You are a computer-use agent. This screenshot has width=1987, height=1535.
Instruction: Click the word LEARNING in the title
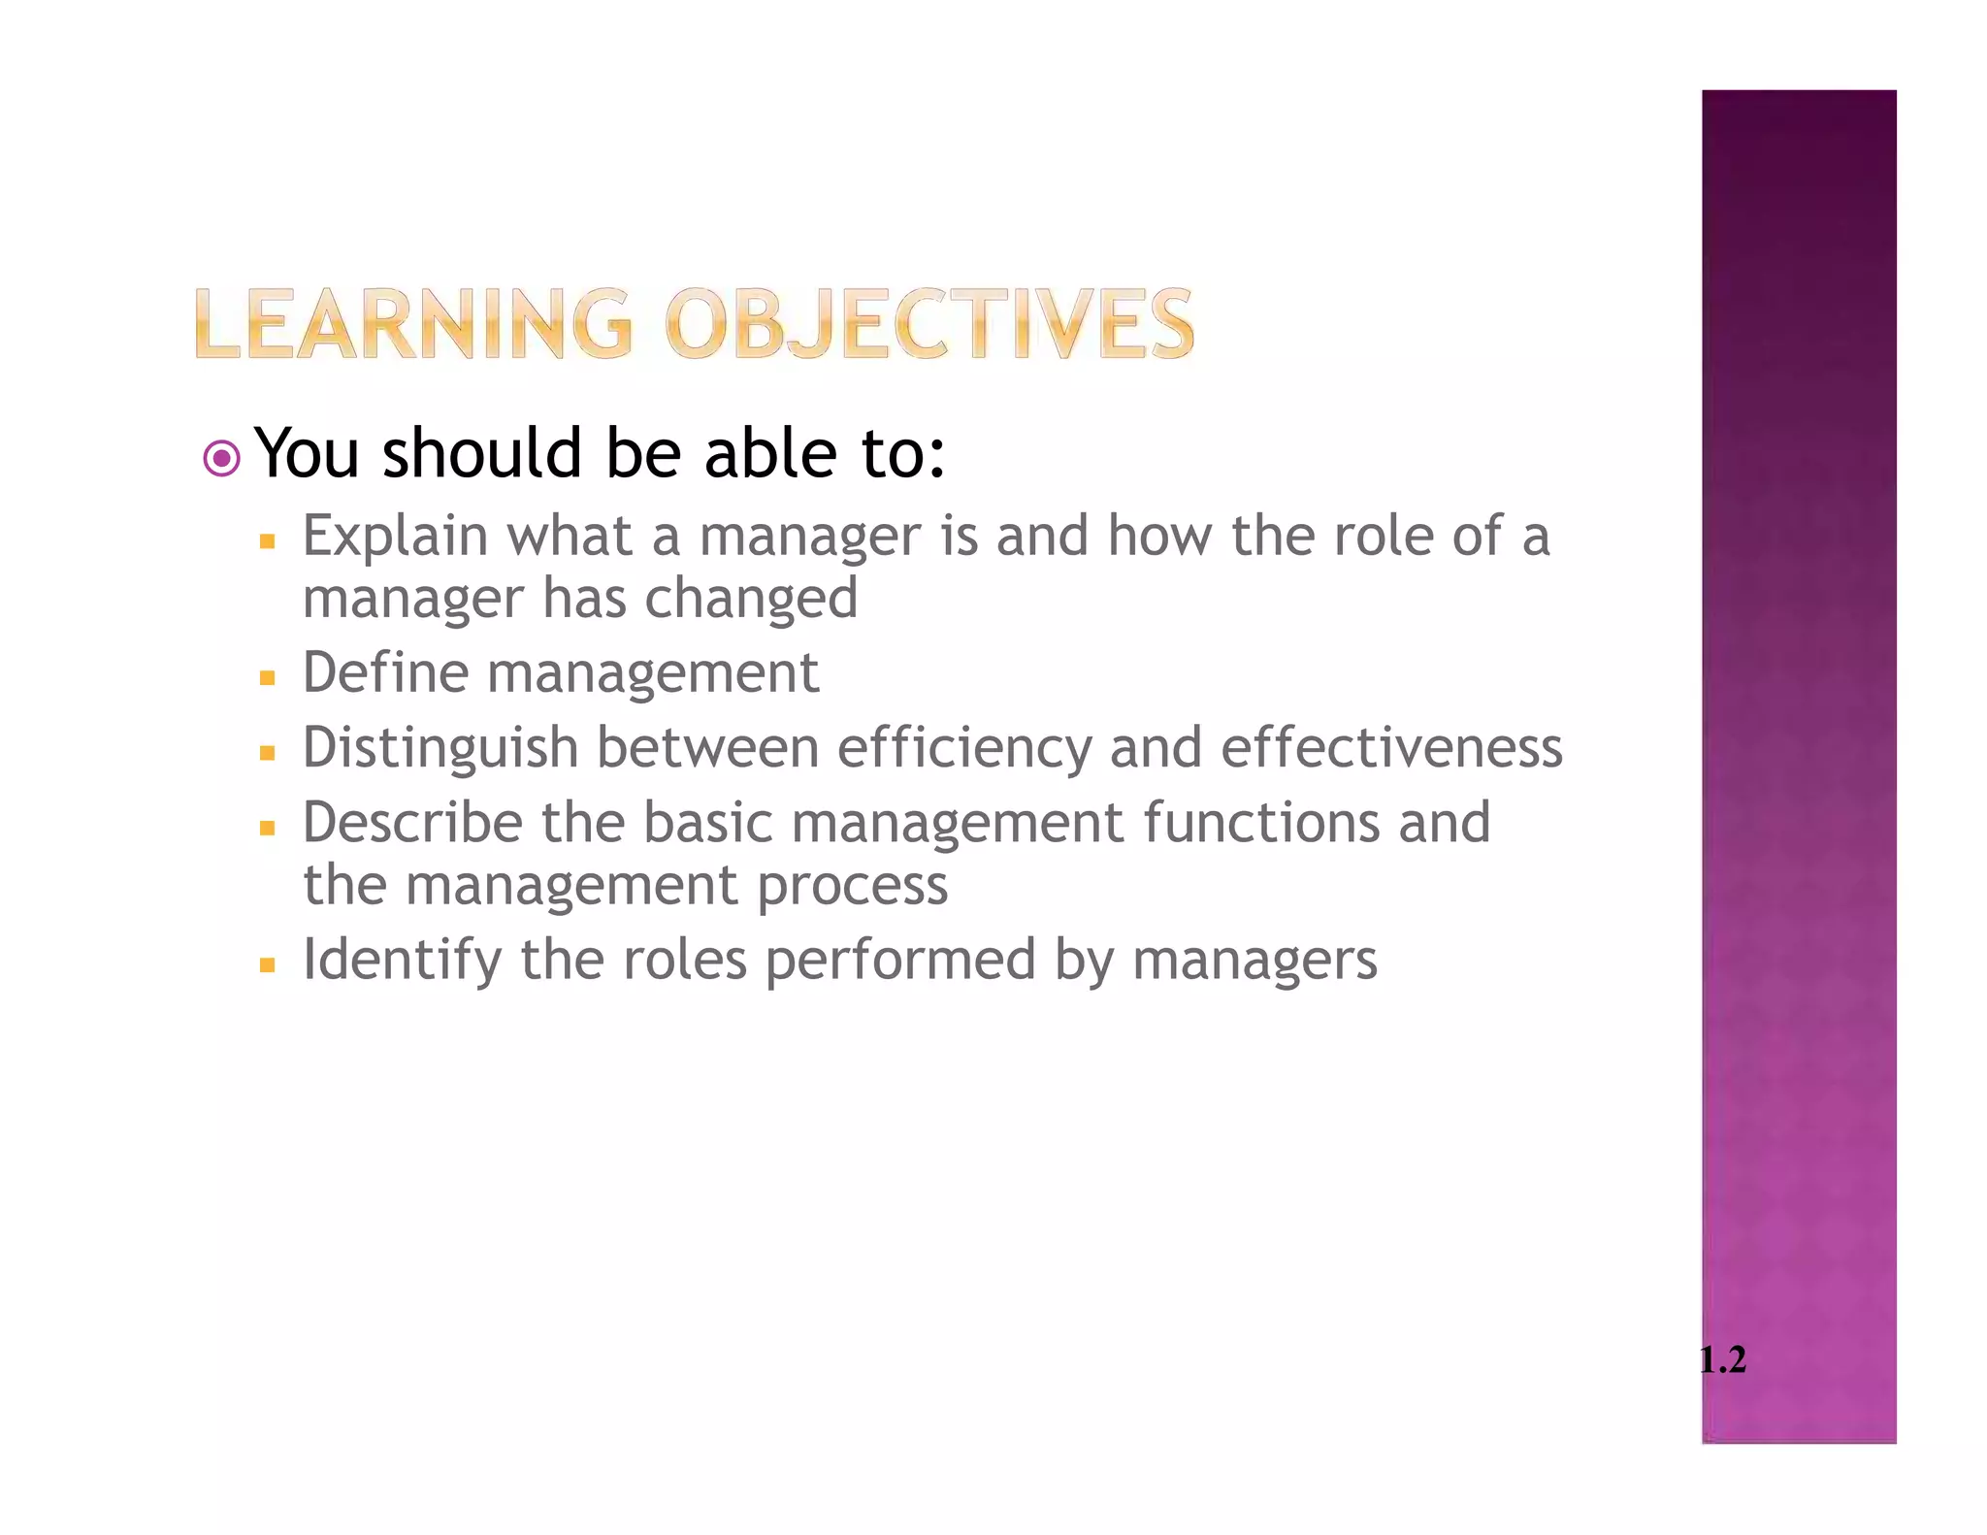pos(413,324)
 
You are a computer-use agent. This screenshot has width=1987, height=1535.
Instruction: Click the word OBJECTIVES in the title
pos(929,324)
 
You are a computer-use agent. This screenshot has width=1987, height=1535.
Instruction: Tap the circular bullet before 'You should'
pos(222,458)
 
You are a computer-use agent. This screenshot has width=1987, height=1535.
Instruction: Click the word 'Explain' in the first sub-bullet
pos(395,537)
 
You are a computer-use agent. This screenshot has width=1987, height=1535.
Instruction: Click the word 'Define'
pos(385,672)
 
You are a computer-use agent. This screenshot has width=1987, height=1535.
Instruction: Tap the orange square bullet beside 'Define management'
pos(268,677)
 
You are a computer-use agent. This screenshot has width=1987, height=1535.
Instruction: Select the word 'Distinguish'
pos(440,749)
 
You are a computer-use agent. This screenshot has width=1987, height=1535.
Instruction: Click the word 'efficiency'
pos(963,749)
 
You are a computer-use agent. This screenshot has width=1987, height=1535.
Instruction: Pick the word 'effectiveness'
pos(1391,747)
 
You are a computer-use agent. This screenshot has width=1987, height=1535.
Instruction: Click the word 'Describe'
pos(412,823)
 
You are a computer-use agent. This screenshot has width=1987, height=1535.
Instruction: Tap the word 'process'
pos(852,887)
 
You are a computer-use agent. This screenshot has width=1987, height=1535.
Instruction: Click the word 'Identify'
pos(402,961)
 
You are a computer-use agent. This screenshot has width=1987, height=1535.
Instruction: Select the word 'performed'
pos(900,961)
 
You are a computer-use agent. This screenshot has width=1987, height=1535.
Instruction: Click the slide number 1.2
pos(1722,1359)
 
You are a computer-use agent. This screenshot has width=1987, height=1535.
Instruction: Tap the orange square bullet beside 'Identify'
pos(268,966)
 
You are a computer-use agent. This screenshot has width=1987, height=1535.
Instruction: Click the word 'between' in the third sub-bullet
pos(707,748)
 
